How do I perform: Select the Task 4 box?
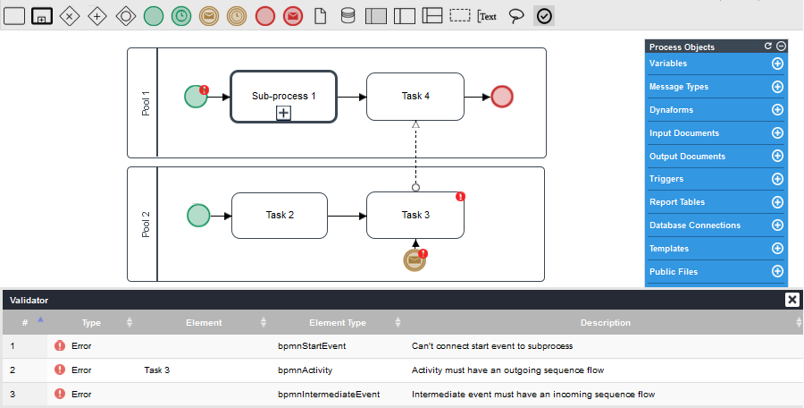pyautogui.click(x=415, y=97)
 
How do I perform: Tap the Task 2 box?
pyautogui.click(x=280, y=215)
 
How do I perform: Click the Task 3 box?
pyautogui.click(x=415, y=215)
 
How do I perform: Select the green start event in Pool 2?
pyautogui.click(x=198, y=215)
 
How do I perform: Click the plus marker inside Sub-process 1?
pyautogui.click(x=283, y=113)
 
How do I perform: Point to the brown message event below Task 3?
pyautogui.click(x=415, y=259)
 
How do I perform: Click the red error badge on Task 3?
pyautogui.click(x=461, y=196)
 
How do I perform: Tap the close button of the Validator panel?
pyautogui.click(x=791, y=300)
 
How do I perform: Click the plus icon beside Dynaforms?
pyautogui.click(x=777, y=110)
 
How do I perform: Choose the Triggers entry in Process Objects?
pyautogui.click(x=666, y=179)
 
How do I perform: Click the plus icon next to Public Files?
pyautogui.click(x=777, y=271)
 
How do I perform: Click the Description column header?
pyautogui.click(x=605, y=322)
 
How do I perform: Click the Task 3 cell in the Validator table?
pyautogui.click(x=156, y=370)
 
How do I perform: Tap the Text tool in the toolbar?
pyautogui.click(x=487, y=16)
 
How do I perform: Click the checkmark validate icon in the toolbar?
pyautogui.click(x=544, y=16)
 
